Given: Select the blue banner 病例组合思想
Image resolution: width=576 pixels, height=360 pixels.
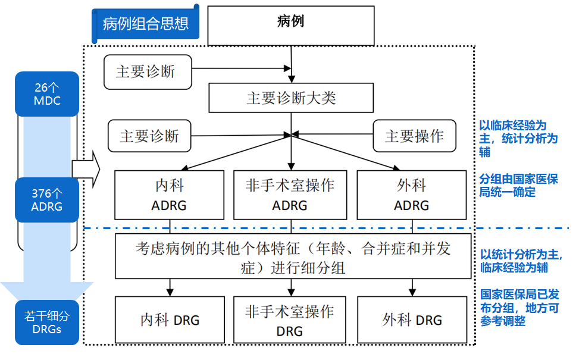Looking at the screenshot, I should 145,24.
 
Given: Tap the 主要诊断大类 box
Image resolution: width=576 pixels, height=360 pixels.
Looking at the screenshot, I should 291,98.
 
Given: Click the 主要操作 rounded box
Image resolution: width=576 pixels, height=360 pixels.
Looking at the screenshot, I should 414,136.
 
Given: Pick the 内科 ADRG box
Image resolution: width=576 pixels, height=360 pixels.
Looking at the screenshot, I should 170,195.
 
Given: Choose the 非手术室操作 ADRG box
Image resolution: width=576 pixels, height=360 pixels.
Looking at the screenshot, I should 290,195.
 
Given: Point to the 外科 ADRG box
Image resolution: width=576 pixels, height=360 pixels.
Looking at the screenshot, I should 411,195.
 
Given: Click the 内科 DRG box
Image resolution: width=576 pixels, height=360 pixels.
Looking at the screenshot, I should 170,320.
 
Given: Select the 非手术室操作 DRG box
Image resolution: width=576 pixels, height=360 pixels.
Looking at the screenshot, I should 290,320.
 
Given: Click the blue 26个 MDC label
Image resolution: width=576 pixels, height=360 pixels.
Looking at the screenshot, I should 47,94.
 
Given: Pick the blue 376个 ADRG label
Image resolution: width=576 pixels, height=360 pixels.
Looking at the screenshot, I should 47,200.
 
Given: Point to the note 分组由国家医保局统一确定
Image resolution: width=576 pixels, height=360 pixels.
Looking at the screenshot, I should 518,186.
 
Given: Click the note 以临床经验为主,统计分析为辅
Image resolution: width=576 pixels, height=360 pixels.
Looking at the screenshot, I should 518,139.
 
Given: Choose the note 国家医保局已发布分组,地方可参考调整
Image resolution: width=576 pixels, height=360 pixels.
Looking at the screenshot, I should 519,308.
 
